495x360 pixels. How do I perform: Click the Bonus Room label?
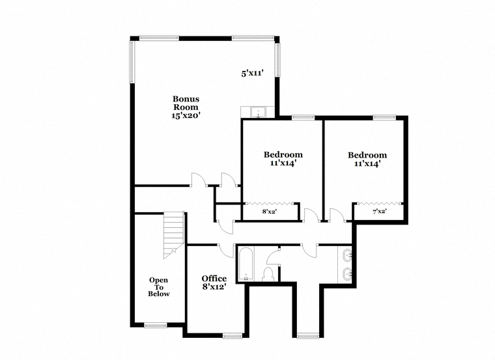pos(186,103)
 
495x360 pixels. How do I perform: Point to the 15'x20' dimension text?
pos(186,116)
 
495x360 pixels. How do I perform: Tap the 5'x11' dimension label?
pos(252,74)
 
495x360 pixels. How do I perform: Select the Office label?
pos(214,279)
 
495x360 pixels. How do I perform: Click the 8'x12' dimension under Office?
pos(214,287)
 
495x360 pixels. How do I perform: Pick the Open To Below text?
pos(159,287)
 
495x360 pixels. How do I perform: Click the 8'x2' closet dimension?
pos(269,212)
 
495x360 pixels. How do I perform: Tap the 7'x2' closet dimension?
pos(380,212)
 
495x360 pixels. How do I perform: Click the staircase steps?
pos(174,235)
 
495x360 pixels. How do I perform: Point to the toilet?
pos(269,274)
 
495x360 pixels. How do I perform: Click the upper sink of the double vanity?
pos(347,254)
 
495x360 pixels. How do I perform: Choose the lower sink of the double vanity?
pos(347,273)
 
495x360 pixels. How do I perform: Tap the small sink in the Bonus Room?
pos(259,112)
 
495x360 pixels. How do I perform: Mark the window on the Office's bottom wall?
pos(233,336)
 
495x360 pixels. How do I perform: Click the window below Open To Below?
pos(155,325)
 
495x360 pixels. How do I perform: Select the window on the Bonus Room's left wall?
pos(132,62)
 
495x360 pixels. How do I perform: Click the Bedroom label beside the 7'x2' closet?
pos(367,155)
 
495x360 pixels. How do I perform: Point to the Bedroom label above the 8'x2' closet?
pos(283,154)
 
